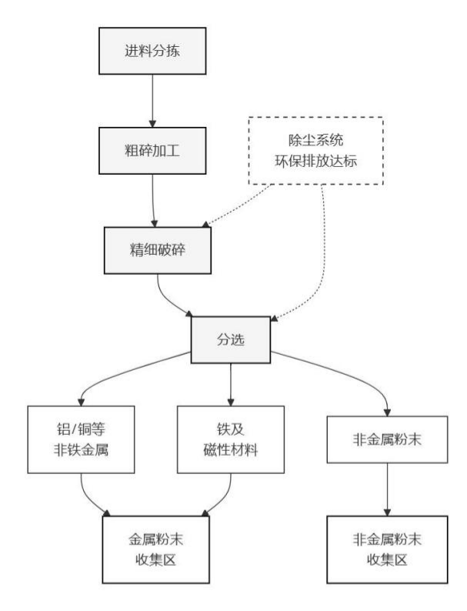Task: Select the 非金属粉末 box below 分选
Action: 385,439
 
